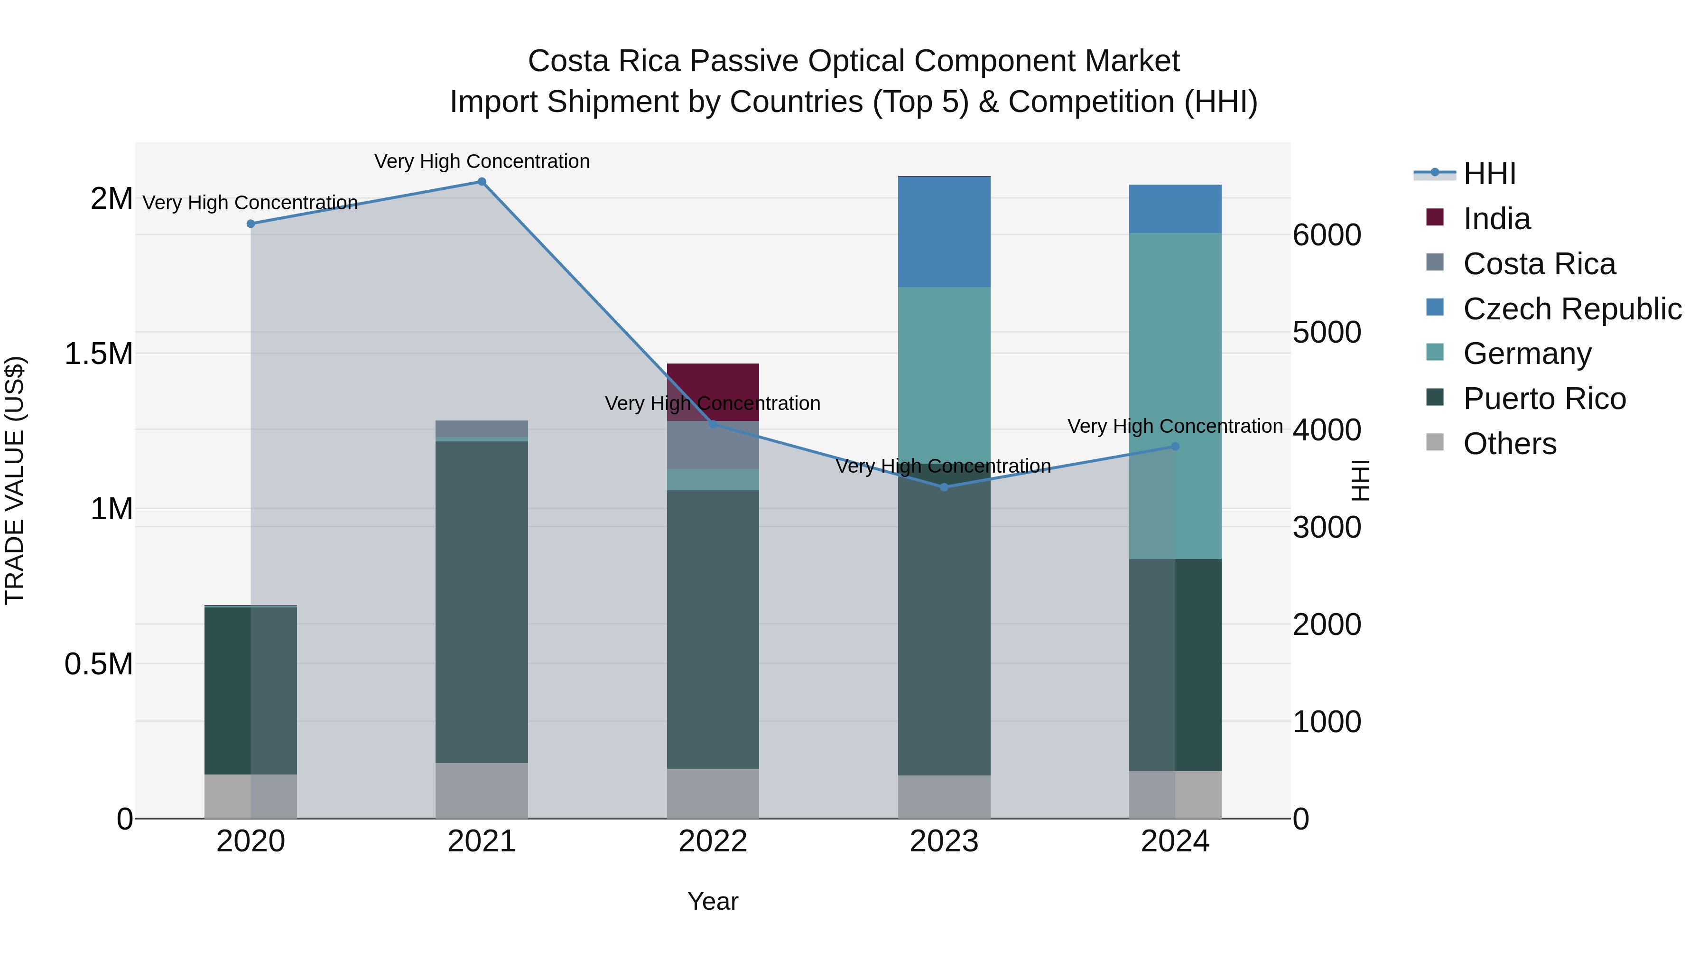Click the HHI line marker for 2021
pyautogui.click(x=482, y=182)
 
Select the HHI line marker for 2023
pyautogui.click(x=944, y=487)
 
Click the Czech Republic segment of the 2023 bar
pyautogui.click(x=944, y=232)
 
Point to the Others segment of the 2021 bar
pyautogui.click(x=482, y=791)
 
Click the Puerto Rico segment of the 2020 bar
pyautogui.click(x=251, y=690)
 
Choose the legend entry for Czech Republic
pyautogui.click(x=1571, y=308)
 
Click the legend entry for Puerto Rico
pyautogui.click(x=1544, y=399)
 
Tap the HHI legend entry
pyautogui.click(x=1488, y=174)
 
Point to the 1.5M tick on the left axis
pyautogui.click(x=98, y=354)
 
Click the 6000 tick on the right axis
pyautogui.click(x=1327, y=235)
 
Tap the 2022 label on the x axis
pyautogui.click(x=713, y=841)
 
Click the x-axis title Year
pyautogui.click(x=713, y=901)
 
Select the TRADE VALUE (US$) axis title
pyautogui.click(x=15, y=480)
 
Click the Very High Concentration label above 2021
pyautogui.click(x=482, y=161)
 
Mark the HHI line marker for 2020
pyautogui.click(x=251, y=224)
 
